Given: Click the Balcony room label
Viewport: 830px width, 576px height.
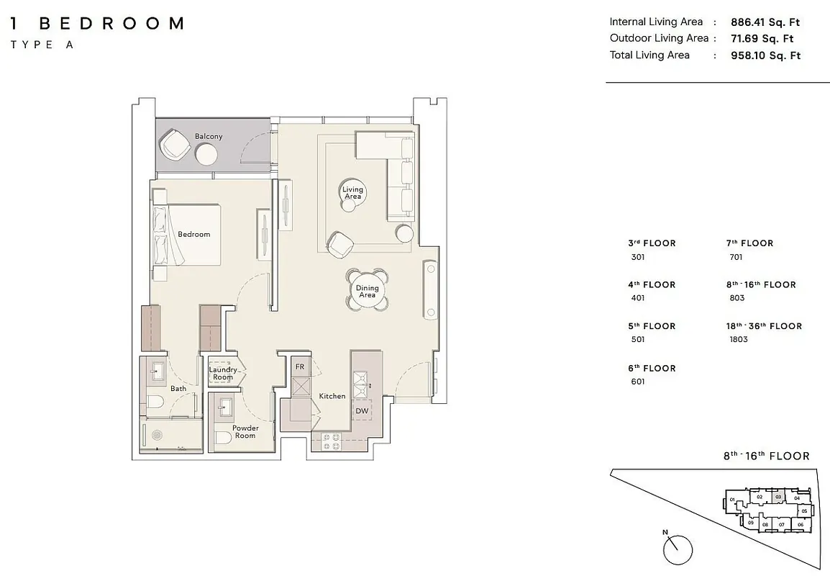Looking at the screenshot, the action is tap(209, 136).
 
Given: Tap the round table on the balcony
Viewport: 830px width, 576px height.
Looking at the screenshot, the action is tap(206, 156).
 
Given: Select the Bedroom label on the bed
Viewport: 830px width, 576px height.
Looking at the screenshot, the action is tap(193, 234).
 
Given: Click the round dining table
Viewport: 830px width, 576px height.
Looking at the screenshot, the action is tap(367, 290).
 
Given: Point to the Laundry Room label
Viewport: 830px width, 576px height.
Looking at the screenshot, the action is tap(223, 373).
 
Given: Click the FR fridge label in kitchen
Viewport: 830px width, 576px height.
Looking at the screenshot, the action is tap(300, 366).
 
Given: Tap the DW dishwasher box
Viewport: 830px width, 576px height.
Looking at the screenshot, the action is tap(362, 410).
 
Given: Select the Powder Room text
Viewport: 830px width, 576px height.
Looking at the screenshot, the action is tap(245, 431).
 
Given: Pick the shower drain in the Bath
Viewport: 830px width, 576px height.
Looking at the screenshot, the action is tap(158, 436).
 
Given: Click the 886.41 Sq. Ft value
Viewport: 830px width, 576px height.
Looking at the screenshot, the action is tap(765, 22).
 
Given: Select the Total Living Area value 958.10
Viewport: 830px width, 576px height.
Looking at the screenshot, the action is tap(765, 55).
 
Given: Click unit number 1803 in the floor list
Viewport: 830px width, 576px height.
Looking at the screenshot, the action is tap(739, 339).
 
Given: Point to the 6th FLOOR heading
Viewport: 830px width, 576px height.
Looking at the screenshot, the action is tap(652, 368).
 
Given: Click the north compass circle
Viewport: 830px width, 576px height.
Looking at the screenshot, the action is tap(678, 549).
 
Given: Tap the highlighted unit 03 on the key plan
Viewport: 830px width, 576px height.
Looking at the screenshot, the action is tap(777, 497).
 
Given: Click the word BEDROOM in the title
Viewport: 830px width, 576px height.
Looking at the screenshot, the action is tap(111, 23).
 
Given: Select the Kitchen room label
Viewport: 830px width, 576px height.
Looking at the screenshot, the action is tap(332, 396).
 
